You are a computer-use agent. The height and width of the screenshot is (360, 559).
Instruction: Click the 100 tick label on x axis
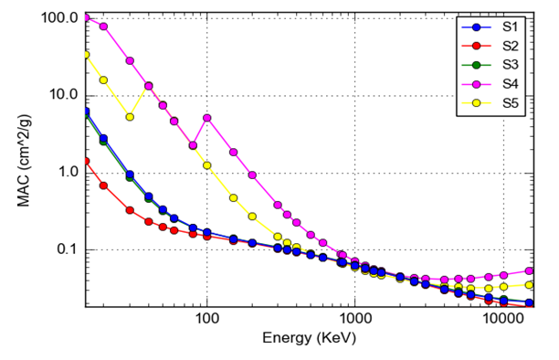(x=207, y=322)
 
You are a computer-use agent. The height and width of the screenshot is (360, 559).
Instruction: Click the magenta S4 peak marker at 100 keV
(x=207, y=118)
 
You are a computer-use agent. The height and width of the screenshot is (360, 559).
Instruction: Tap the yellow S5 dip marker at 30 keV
(x=130, y=117)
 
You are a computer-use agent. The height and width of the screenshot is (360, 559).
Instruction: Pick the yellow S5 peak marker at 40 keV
(x=149, y=86)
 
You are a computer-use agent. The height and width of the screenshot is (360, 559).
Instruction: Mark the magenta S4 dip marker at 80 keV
(x=193, y=145)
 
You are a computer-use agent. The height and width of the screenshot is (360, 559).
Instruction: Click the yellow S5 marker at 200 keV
(x=252, y=217)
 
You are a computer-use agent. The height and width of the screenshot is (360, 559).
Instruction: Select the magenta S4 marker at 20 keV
(x=103, y=26)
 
